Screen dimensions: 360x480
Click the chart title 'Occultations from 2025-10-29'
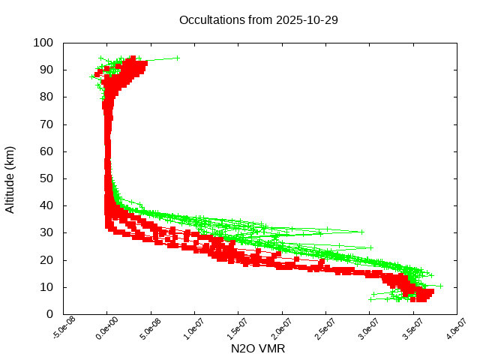258,19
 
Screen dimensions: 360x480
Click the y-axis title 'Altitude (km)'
10,179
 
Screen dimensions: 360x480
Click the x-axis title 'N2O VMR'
257,349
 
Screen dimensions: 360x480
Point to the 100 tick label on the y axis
43,43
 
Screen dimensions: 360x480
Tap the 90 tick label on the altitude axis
46,70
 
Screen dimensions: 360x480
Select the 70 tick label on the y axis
46,124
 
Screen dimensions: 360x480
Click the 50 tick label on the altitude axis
46,178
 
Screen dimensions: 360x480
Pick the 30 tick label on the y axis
46,232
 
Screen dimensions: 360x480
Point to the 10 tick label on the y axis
46,287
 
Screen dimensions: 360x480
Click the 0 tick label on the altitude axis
49,314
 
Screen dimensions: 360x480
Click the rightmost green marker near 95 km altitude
178,57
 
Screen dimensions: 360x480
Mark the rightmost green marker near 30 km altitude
362,232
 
